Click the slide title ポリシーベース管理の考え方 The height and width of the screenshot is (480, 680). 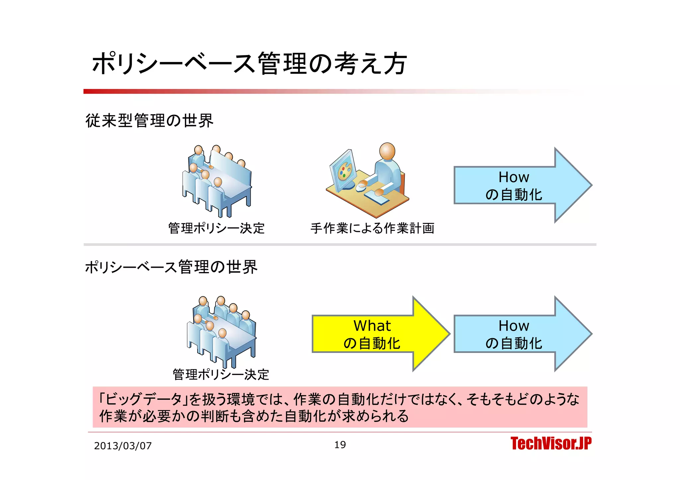point(249,63)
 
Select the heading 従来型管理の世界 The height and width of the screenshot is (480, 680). point(149,120)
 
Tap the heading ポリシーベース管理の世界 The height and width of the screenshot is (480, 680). point(171,267)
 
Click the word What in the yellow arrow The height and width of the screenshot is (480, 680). point(372,326)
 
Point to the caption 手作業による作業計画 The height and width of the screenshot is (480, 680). point(372,228)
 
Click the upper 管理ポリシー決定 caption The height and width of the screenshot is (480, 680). point(216,228)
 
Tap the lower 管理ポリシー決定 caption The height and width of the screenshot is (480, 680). point(221,375)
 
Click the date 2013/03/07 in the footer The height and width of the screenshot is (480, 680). point(123,446)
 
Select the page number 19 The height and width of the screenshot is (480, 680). point(340,445)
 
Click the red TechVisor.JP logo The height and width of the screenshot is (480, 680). point(551,444)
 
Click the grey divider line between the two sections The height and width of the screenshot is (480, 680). point(340,244)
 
